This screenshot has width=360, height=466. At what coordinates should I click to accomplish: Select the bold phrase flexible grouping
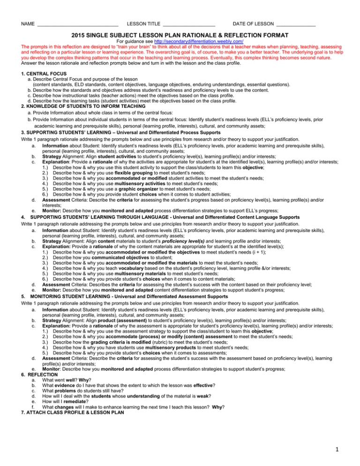(x=126, y=165)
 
